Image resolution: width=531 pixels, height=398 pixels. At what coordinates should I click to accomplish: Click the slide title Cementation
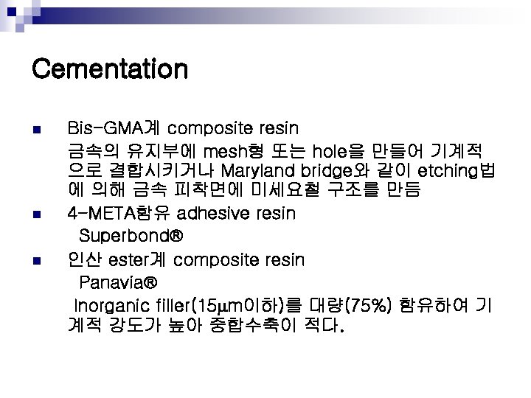click(x=110, y=70)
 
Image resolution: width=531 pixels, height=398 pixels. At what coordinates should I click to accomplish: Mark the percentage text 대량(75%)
click(x=355, y=304)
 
